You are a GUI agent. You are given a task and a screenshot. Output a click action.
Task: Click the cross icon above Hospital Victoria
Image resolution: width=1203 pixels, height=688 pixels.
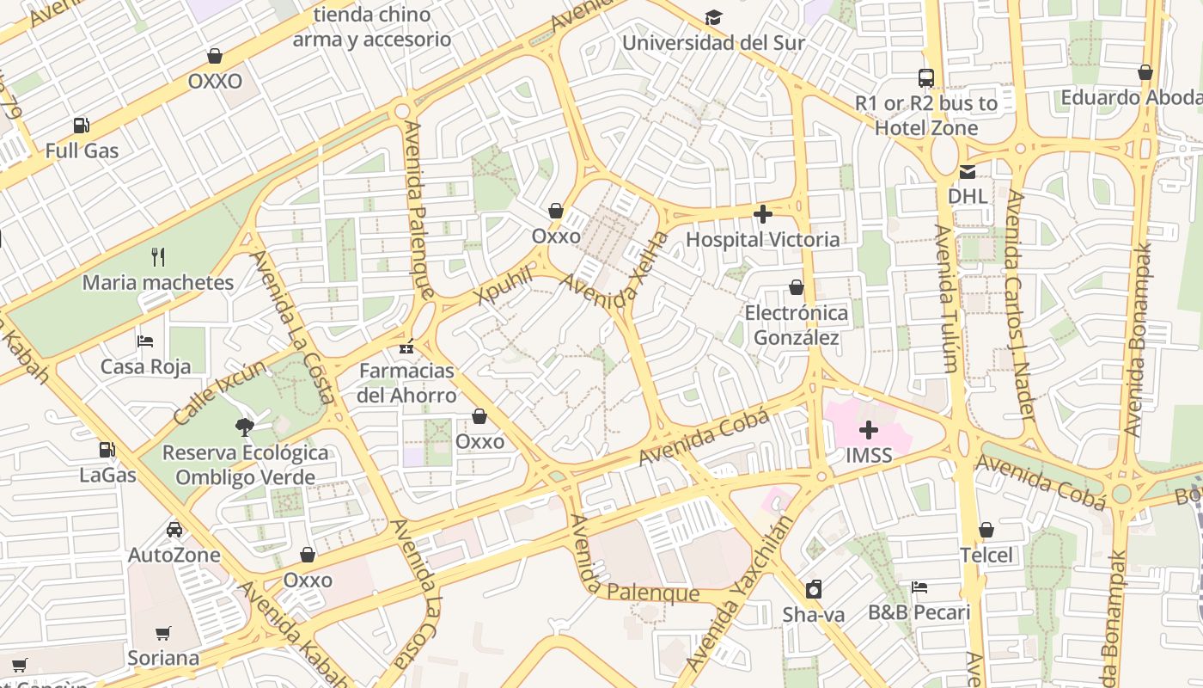[763, 214]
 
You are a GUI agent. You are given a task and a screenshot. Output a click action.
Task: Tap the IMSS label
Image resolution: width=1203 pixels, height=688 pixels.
[869, 455]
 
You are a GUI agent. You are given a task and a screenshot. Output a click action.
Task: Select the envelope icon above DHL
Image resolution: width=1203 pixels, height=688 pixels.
[968, 171]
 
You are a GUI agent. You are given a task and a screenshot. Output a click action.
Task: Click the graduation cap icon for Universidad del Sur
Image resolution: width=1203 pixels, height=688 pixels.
[713, 18]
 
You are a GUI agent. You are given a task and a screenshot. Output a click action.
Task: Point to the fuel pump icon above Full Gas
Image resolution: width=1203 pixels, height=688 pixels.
[82, 126]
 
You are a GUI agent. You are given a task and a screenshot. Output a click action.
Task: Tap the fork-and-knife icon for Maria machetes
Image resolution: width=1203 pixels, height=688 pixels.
[157, 257]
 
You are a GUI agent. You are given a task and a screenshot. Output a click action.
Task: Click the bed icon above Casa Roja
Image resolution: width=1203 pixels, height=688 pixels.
[145, 341]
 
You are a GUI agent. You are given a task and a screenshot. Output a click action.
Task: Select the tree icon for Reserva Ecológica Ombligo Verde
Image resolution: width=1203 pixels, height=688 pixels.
[245, 427]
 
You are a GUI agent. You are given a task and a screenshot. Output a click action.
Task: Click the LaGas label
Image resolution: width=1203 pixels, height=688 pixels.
[107, 475]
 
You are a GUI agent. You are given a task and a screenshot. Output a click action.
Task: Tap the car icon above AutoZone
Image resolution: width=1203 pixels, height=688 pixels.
[174, 530]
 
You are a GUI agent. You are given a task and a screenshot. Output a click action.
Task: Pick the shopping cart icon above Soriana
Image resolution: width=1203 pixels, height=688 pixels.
[163, 634]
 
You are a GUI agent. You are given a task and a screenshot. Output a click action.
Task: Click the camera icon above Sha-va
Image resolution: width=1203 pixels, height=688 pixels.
[813, 589]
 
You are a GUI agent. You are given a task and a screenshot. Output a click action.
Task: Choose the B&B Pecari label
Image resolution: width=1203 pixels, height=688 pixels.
[919, 613]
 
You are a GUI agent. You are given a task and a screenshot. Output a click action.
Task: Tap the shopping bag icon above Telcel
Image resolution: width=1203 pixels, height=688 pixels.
[986, 530]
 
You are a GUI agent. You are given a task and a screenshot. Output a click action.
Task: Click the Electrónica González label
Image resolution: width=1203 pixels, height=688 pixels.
[796, 325]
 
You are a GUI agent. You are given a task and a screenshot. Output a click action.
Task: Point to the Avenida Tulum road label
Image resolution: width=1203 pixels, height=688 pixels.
[945, 298]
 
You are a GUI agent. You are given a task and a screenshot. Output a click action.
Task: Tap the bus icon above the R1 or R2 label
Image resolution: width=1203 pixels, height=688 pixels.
[926, 78]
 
